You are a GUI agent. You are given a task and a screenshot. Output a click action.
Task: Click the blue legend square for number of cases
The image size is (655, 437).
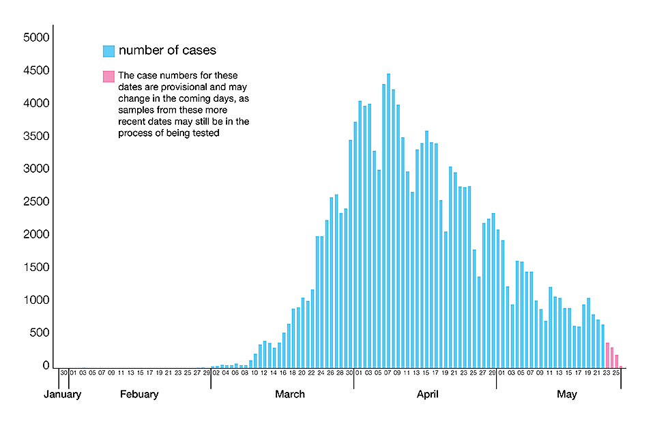108,51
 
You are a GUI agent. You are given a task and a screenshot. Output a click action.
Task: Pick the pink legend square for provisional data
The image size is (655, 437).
108,76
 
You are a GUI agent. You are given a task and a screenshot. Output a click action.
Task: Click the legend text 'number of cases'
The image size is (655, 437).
167,51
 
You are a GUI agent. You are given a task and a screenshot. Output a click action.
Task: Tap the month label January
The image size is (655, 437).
62,394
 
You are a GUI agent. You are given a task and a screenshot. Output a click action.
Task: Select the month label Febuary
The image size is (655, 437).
139,394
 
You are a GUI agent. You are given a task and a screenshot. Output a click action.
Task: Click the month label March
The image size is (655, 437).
290,394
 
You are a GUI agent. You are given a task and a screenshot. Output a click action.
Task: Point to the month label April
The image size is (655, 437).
428,394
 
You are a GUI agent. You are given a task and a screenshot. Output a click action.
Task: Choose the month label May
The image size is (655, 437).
567,394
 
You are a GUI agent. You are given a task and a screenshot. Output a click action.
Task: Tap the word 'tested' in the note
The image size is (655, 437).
205,134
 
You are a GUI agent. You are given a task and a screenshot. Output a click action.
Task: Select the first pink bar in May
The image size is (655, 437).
607,354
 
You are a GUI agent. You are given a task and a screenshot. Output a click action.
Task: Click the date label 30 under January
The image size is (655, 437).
63,373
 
